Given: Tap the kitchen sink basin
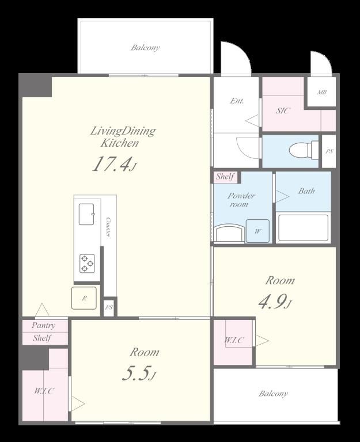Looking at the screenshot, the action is (x=86, y=214).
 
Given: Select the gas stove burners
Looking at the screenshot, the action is (x=86, y=263).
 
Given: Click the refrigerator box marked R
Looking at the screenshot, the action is (x=84, y=298).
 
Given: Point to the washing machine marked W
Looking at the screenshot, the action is (x=257, y=231).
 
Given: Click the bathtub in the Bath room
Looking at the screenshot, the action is (x=303, y=228).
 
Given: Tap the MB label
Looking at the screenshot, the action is (x=321, y=92).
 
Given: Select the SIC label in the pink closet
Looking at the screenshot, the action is (x=283, y=110).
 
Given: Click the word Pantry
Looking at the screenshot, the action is (x=43, y=326).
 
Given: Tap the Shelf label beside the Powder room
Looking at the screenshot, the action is (x=225, y=177).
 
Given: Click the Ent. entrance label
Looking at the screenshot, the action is (x=237, y=101).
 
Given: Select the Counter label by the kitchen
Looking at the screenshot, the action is (x=108, y=227).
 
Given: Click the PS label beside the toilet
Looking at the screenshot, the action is (x=329, y=151).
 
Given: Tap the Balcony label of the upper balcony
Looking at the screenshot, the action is (x=145, y=47).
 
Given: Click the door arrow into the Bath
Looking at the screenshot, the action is (x=282, y=196).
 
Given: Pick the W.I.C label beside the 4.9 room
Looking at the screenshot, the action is (x=234, y=340).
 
